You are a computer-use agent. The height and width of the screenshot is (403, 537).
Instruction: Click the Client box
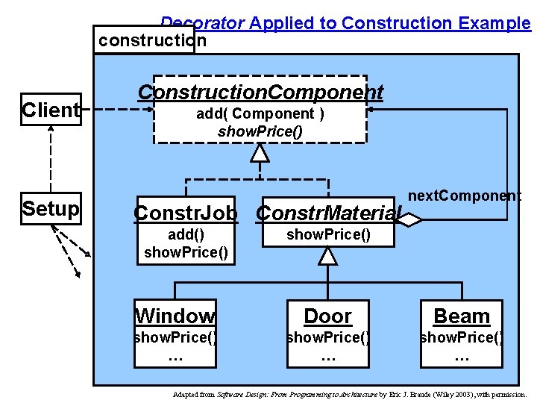[x=51, y=110]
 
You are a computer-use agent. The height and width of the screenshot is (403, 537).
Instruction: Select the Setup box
[x=51, y=209]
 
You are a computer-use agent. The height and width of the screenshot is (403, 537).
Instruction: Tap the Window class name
[x=175, y=316]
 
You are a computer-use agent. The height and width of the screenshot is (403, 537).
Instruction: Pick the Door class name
[x=327, y=316]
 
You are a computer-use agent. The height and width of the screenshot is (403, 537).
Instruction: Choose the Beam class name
[x=462, y=316]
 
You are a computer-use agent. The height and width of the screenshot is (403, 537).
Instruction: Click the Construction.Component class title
[x=260, y=93]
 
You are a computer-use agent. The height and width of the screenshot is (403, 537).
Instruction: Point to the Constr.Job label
[x=186, y=213]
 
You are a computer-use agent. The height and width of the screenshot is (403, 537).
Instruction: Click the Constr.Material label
[x=328, y=213]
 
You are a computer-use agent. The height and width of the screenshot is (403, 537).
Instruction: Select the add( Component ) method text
[x=260, y=114]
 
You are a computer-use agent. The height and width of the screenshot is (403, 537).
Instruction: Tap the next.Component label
[x=465, y=196]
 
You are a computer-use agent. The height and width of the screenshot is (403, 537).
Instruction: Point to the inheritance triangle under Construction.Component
[x=260, y=153]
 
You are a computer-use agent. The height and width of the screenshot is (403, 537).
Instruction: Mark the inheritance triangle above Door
[x=327, y=257]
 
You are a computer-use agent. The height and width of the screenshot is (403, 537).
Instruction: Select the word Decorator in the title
[x=201, y=23]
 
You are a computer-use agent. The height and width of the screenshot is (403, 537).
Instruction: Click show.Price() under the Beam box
[x=462, y=337]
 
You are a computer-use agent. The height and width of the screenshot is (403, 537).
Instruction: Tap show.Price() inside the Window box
[x=175, y=337]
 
